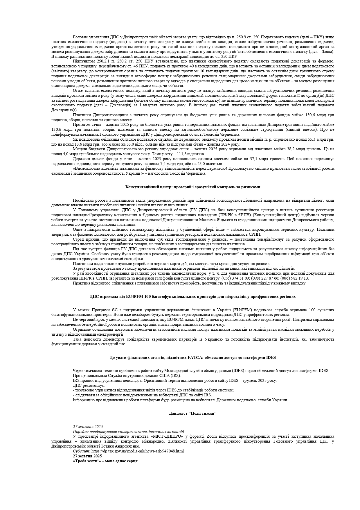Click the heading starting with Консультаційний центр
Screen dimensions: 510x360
point(192,187)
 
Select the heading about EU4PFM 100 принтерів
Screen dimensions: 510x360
point(192,297)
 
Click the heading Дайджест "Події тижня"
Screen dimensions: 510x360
point(193,414)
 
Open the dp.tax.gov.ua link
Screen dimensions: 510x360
point(137,451)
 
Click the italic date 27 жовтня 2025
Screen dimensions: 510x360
point(88,427)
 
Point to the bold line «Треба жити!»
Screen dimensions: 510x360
point(105,461)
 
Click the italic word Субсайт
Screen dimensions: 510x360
point(81,451)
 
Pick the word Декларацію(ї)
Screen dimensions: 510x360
point(64,110)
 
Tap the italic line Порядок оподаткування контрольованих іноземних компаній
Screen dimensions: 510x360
point(128,432)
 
